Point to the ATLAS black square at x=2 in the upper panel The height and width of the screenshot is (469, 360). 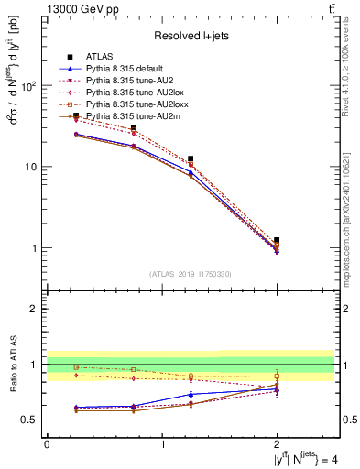(x=277, y=240)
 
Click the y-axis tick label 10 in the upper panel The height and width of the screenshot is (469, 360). (x=32, y=167)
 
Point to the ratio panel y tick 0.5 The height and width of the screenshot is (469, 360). (x=32, y=420)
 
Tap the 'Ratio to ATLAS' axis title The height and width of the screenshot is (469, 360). (x=13, y=365)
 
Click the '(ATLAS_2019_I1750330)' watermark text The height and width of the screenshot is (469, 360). (x=190, y=274)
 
